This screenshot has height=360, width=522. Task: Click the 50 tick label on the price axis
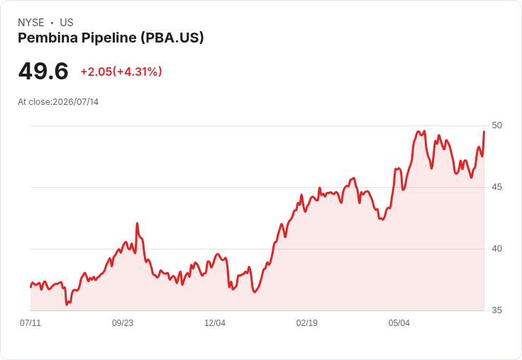[x=496, y=125]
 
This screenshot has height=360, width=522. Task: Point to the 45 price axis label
[x=496, y=187]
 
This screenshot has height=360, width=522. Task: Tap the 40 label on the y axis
[x=496, y=249]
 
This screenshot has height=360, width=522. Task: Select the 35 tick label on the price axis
[x=496, y=310]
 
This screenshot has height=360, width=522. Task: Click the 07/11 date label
[x=30, y=322]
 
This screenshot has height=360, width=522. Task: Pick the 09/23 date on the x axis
[x=123, y=322]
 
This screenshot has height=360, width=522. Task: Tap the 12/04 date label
[x=215, y=322]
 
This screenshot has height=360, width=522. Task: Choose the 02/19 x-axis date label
[x=307, y=322]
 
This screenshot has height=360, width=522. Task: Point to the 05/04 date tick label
[x=399, y=322]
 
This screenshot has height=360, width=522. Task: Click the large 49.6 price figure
[x=43, y=71]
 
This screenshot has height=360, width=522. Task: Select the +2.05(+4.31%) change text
[x=121, y=72]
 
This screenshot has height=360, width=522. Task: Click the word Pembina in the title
[x=48, y=38]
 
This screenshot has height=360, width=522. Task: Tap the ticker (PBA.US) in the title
[x=172, y=38]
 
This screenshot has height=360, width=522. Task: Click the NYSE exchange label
[x=31, y=23]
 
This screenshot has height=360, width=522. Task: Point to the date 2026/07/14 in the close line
[x=76, y=102]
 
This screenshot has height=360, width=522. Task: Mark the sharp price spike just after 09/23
[x=137, y=224]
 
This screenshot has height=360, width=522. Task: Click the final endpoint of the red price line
[x=484, y=132]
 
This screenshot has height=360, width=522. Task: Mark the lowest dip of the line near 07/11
[x=67, y=304]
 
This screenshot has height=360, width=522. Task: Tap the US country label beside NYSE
[x=67, y=23]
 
